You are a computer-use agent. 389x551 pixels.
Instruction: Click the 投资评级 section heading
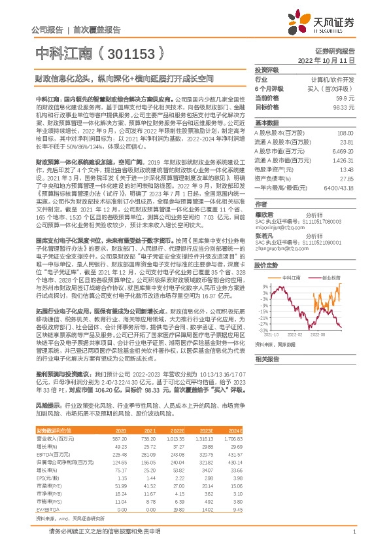pyautogui.click(x=267, y=69)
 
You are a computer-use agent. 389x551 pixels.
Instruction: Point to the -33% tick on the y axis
pyautogui.click(x=263, y=330)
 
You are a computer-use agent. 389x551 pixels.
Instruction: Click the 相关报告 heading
pyautogui.click(x=267, y=359)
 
